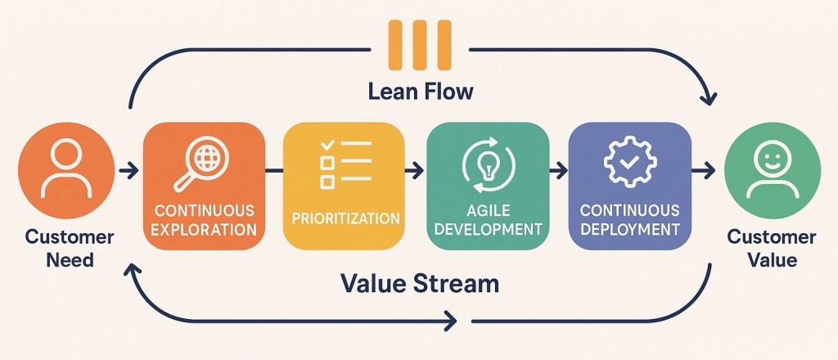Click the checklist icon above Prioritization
[x=345, y=162]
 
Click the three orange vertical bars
[x=420, y=45]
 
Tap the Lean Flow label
[x=420, y=91]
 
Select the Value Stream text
[x=419, y=284]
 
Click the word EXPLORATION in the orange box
[x=205, y=229]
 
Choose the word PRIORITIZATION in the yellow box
[x=345, y=218]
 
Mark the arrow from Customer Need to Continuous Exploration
[x=127, y=171]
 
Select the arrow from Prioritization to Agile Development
[x=416, y=171]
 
